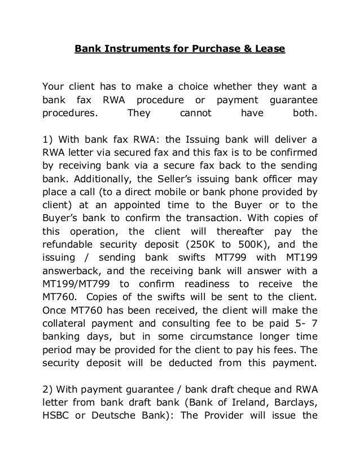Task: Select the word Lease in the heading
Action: [272, 49]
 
